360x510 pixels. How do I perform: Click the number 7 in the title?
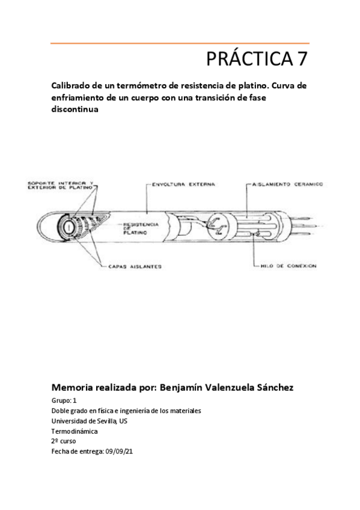301,59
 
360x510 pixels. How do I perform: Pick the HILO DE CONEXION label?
290,265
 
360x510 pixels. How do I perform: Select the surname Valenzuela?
228,387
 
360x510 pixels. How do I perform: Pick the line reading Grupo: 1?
64,401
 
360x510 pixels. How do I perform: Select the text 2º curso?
64,440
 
